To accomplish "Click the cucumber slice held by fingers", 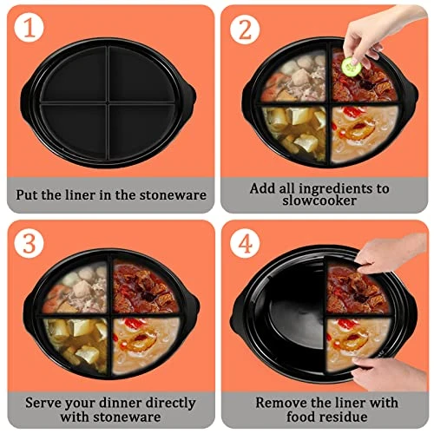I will (351, 65).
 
